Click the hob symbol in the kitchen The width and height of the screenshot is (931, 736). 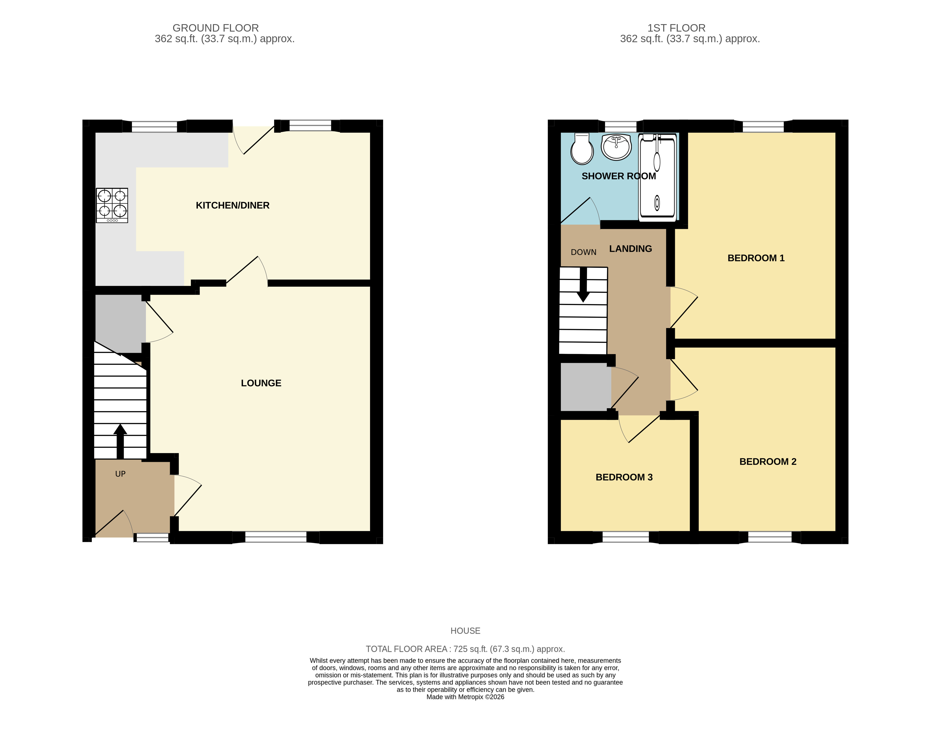[x=112, y=205]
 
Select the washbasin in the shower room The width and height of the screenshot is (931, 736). [x=616, y=147]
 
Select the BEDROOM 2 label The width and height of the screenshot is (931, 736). [x=768, y=462]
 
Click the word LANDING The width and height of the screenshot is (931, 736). [x=630, y=249]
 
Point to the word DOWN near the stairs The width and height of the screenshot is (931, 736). [x=583, y=252]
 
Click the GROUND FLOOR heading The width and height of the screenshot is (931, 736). [x=216, y=28]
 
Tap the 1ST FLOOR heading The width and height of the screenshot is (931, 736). [x=676, y=28]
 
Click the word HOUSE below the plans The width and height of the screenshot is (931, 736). [x=465, y=631]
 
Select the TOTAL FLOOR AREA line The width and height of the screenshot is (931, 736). [x=465, y=649]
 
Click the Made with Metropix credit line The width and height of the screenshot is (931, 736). [x=465, y=697]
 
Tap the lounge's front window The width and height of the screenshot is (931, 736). [x=276, y=537]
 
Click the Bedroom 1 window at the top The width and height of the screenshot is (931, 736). [x=763, y=126]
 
